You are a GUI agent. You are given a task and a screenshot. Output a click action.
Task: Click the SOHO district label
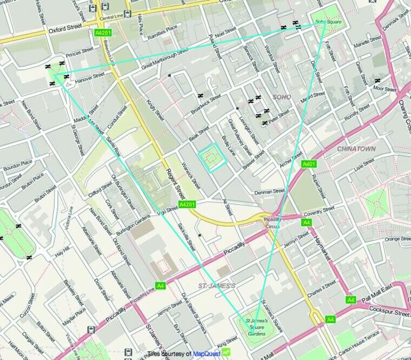pyautogui.click(x=282, y=97)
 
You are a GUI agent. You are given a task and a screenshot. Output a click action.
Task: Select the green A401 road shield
pyautogui.click(x=309, y=164)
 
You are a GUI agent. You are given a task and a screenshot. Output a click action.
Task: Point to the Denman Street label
pyautogui.click(x=269, y=192)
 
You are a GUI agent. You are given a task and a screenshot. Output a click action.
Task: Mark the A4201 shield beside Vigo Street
pyautogui.click(x=186, y=204)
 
